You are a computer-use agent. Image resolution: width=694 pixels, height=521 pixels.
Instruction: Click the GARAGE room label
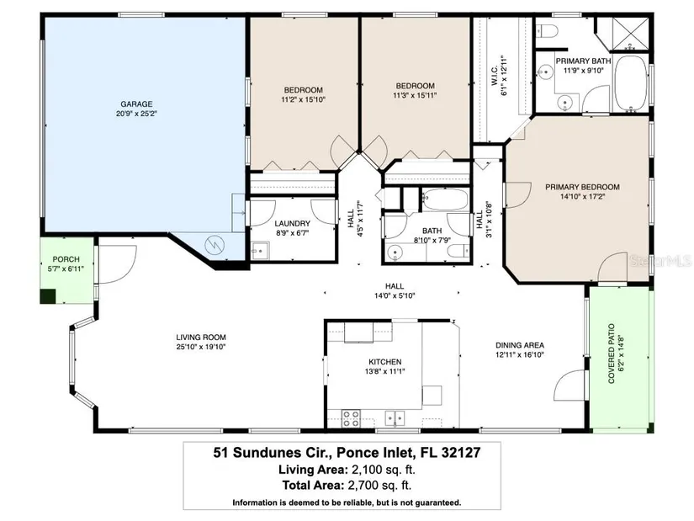point(136,104)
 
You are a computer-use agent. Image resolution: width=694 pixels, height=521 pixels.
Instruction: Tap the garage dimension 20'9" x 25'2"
point(136,114)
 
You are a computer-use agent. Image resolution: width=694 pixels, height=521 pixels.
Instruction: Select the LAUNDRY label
point(292,224)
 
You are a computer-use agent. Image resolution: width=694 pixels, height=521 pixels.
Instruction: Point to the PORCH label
point(66,259)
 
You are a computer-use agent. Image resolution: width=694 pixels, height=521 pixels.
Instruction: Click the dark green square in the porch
point(48,296)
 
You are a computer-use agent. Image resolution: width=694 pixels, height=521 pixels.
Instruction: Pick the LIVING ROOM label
point(201,338)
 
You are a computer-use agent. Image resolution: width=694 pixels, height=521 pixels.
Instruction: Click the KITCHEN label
point(385,362)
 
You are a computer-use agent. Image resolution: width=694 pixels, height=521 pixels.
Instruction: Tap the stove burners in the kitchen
point(351,418)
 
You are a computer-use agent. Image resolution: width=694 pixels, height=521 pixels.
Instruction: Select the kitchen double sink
point(395,417)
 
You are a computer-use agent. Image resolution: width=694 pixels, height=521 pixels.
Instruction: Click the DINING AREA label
point(520,345)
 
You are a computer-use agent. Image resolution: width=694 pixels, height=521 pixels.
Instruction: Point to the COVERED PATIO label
point(612,354)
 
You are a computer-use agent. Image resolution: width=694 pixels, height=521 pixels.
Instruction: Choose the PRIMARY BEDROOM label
point(582,187)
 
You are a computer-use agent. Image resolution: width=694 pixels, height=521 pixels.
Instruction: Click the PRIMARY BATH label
point(583,61)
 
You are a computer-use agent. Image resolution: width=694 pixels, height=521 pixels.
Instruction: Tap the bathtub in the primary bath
point(631,83)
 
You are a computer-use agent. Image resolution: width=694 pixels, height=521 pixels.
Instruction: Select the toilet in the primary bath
point(548,31)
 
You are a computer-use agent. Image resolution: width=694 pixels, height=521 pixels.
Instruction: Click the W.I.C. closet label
point(494,76)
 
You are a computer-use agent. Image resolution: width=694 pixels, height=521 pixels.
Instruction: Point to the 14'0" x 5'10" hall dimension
point(394,295)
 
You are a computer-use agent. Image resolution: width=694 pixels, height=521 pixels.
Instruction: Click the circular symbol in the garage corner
point(215,245)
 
